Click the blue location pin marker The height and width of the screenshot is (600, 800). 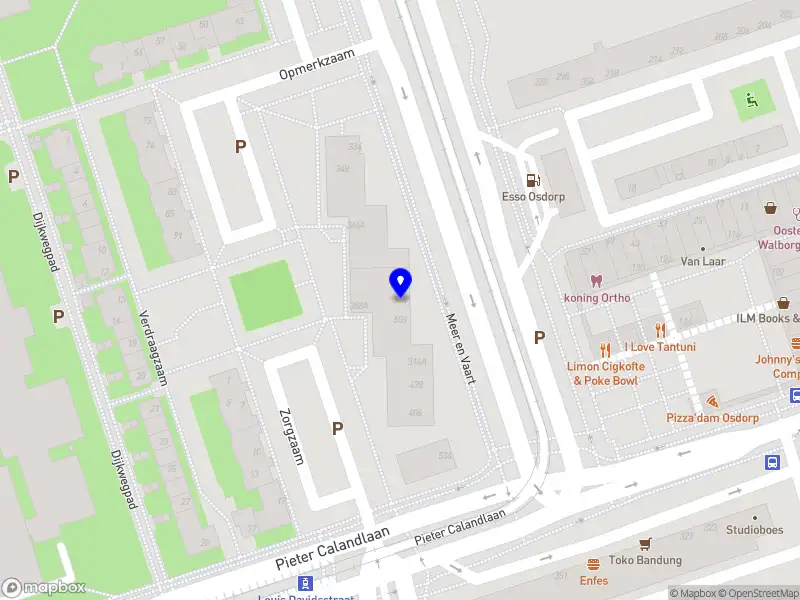[401, 283]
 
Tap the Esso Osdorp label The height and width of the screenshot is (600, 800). [533, 197]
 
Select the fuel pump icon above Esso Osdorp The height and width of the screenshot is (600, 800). [533, 181]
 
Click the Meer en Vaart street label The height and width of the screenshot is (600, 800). [457, 345]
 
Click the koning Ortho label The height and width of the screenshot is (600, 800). [596, 297]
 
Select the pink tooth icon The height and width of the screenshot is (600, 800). [597, 281]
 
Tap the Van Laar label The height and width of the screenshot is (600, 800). [702, 261]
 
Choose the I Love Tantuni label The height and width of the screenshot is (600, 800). [660, 347]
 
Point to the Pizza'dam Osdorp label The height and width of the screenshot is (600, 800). [712, 417]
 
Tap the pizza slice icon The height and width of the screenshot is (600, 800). [712, 400]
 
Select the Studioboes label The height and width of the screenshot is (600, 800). [755, 529]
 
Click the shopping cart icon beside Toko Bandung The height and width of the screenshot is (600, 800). [645, 543]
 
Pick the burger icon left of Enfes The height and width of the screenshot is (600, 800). [593, 564]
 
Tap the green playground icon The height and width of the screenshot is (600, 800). [750, 99]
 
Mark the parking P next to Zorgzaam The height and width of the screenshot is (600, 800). [338, 428]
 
